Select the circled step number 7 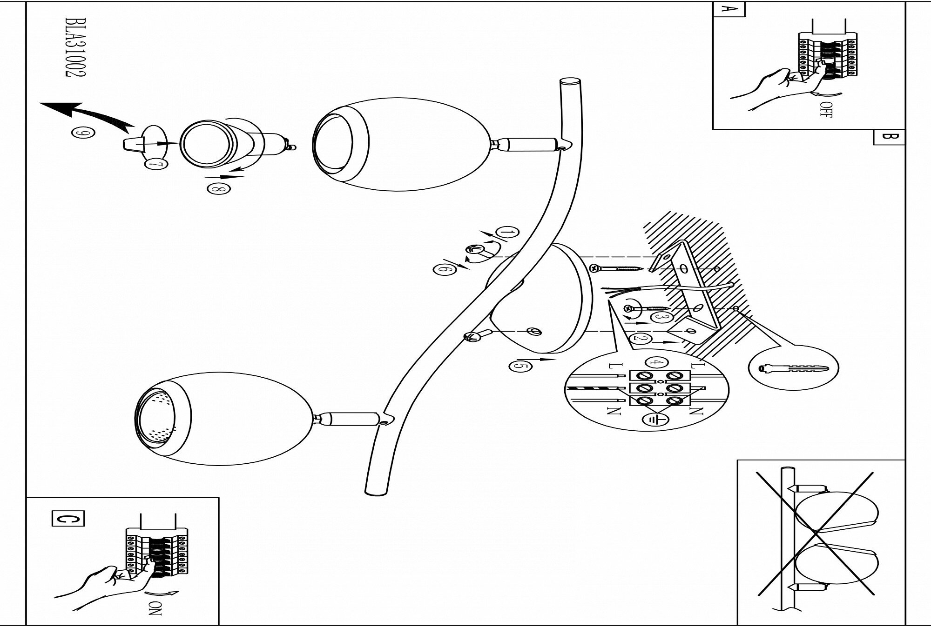click(153, 164)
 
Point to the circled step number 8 click(218, 189)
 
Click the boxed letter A click(729, 9)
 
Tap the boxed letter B click(889, 137)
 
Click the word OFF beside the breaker click(826, 110)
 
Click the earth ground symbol click(654, 419)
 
